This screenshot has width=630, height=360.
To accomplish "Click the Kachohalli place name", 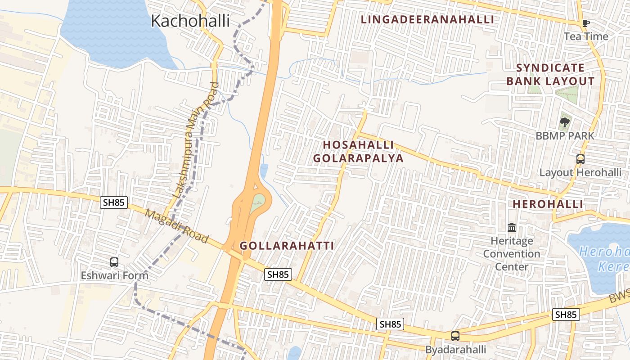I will point(190,21).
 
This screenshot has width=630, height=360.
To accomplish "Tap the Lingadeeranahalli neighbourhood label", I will point(427,19).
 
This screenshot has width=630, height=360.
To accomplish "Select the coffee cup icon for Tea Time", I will point(585,23).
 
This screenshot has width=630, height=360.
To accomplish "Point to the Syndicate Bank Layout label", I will point(550,75).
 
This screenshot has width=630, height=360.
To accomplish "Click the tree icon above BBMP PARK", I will point(564,122).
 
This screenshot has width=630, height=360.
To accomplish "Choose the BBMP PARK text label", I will point(564,135).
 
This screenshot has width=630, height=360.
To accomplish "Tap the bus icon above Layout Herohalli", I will point(580,159).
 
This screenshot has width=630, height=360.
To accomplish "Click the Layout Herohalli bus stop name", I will point(580,172).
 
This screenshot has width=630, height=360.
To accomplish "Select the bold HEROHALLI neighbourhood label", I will point(548,204).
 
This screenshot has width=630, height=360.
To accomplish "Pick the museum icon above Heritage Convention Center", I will point(512,228).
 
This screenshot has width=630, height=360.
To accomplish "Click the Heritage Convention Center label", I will point(512,254).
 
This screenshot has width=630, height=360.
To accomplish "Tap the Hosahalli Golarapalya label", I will point(358,152).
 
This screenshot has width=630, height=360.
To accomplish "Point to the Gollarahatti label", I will point(287,246).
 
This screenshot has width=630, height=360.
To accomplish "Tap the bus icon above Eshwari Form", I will point(114,262).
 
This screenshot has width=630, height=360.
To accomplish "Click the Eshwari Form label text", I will point(114,275).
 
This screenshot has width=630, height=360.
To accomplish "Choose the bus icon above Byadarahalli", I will point(455,336).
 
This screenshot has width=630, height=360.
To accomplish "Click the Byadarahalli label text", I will point(455,350).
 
